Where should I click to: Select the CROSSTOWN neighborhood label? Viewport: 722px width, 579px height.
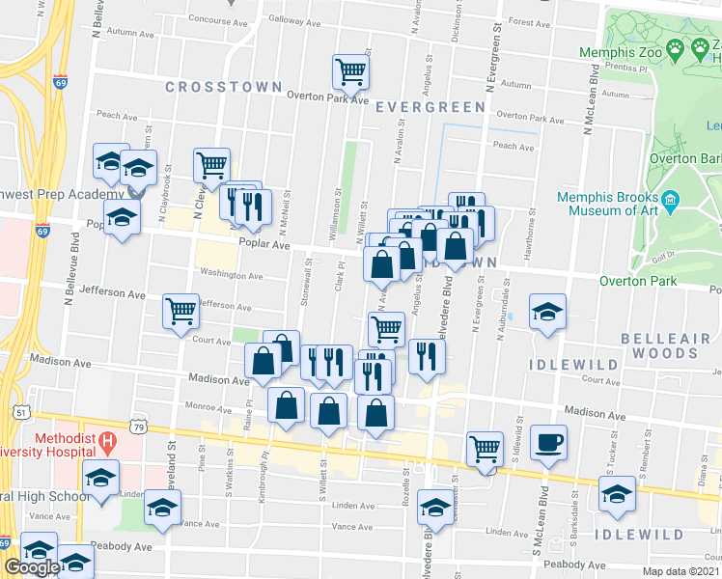tap(224, 87)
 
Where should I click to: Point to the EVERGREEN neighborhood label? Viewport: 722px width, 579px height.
tap(430, 106)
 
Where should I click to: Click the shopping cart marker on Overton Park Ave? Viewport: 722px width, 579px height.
tap(350, 70)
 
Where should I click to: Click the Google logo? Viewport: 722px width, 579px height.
tap(32, 567)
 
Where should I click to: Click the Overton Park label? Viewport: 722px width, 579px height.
tap(637, 282)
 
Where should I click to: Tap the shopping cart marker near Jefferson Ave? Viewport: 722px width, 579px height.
tap(180, 311)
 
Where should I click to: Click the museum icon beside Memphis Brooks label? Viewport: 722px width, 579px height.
tap(673, 202)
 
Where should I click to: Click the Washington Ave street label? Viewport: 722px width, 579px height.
tap(231, 276)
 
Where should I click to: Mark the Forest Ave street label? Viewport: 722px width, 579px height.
tap(529, 21)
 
